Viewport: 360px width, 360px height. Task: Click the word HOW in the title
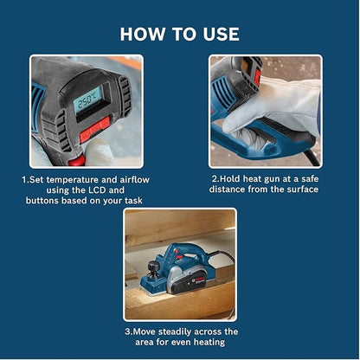(140, 34)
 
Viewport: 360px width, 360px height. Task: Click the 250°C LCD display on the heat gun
(87, 101)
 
